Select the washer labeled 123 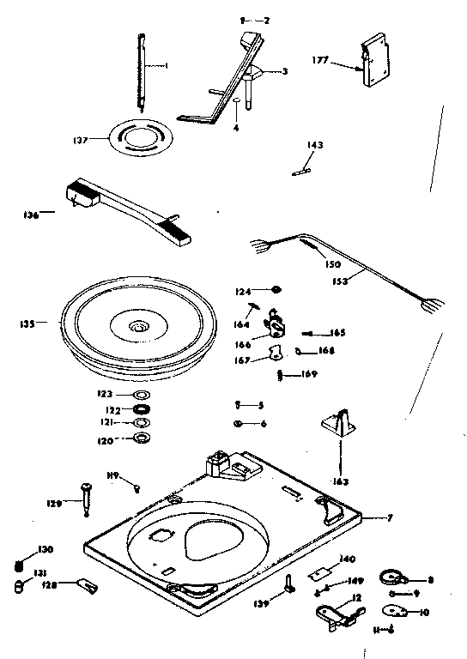coord(140,395)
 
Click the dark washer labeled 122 coord(140,409)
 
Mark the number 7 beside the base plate coord(391,517)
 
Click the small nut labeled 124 coord(276,290)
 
